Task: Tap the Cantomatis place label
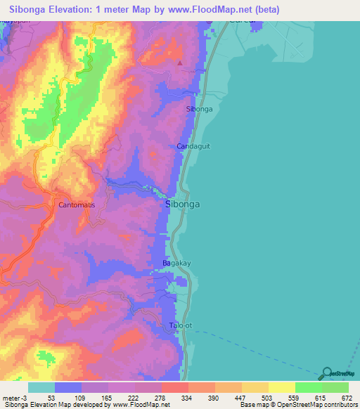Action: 77,205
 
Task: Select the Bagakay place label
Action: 177,263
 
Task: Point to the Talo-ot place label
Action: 181,326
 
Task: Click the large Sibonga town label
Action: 183,204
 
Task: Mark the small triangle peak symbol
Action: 181,63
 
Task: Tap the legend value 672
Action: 347,398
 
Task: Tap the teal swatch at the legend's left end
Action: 41,387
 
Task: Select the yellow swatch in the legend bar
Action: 281,387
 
